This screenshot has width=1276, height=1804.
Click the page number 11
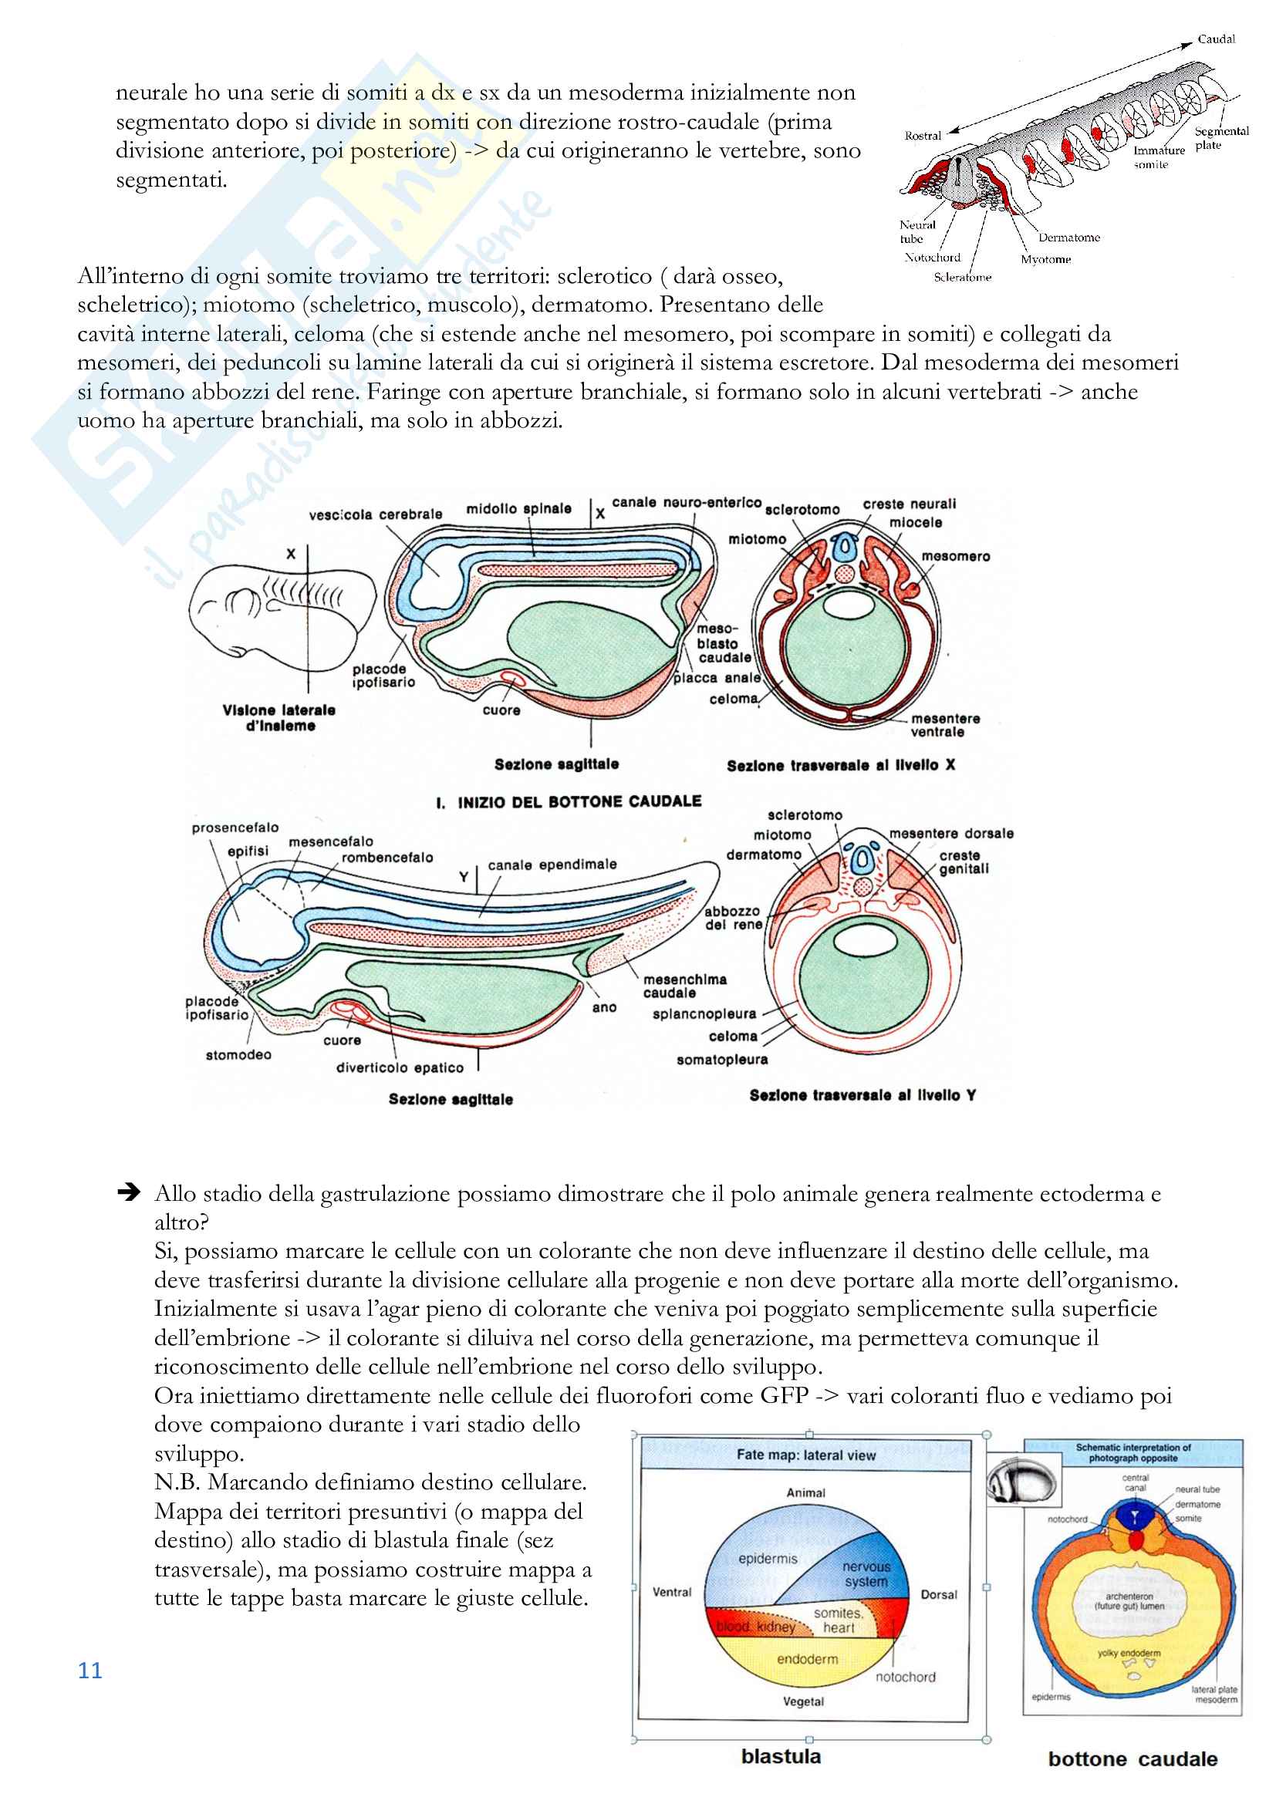[x=89, y=1671]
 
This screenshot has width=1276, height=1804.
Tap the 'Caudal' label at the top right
[x=1216, y=39]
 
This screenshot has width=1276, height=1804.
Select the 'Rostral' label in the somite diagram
[x=923, y=136]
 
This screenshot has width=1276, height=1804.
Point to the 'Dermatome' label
[x=1068, y=238]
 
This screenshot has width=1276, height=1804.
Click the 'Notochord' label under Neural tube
[x=932, y=258]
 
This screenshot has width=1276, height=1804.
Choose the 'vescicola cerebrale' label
[x=375, y=514]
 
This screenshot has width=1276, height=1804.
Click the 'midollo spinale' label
[x=518, y=508]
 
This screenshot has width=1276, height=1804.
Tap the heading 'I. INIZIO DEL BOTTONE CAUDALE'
[x=568, y=801]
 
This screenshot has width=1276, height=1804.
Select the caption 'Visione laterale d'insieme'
[x=279, y=717]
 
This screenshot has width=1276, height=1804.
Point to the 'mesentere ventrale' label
[x=945, y=725]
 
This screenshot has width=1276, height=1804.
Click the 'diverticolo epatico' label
[x=400, y=1067]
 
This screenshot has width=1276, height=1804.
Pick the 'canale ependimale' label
[x=552, y=865]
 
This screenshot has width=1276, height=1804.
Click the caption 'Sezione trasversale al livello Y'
[x=862, y=1095]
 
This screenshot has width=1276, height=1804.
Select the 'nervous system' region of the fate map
[x=866, y=1574]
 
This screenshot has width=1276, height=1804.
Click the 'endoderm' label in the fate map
[x=807, y=1659]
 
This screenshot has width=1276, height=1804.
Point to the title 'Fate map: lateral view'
[x=805, y=1455]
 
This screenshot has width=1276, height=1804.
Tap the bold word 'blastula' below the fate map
[x=781, y=1757]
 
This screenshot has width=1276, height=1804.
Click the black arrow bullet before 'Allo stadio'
[x=128, y=1193]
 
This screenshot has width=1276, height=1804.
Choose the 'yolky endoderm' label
[x=1129, y=1652]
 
